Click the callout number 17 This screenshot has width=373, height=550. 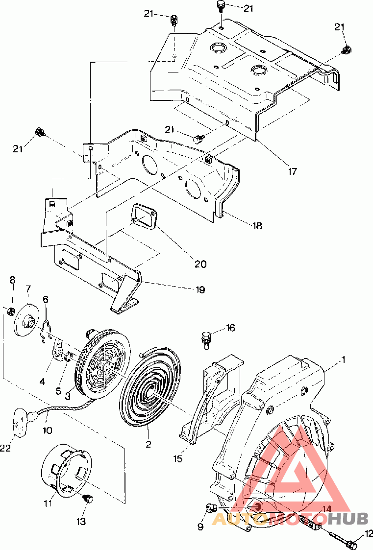tap(292, 171)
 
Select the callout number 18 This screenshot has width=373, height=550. tap(257, 226)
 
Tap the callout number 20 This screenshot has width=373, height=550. tap(200, 263)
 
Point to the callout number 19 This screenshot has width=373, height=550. tap(200, 289)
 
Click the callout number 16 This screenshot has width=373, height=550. tap(230, 328)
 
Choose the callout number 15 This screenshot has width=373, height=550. tap(178, 458)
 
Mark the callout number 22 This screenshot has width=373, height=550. tap(5, 448)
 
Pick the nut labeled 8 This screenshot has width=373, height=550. tap(11, 311)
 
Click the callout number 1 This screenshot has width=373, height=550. tap(344, 359)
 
